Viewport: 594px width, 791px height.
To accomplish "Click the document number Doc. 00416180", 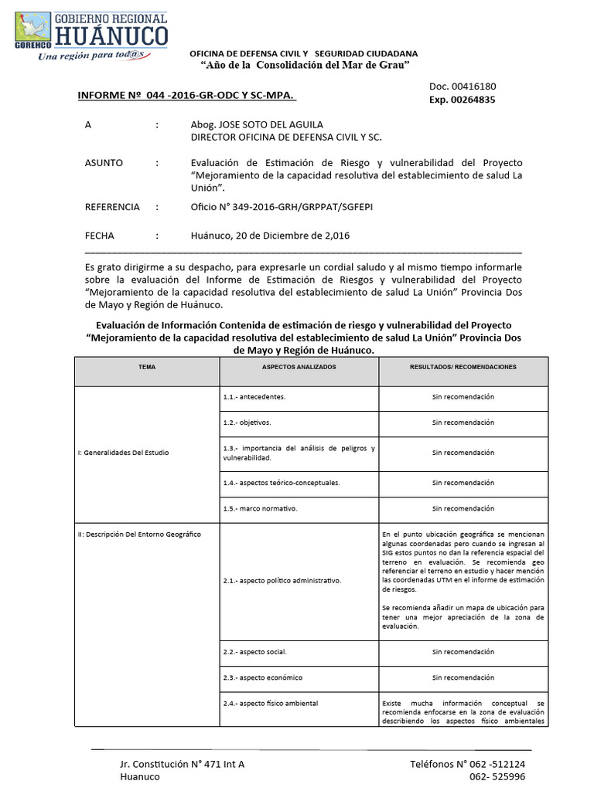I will click(463, 87).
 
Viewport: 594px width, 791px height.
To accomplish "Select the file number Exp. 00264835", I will click(463, 100).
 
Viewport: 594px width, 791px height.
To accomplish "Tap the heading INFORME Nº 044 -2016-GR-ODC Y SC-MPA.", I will click(186, 95).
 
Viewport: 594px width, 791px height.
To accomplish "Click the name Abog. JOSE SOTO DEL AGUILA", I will click(257, 124).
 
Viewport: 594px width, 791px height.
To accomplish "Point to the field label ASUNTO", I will click(104, 163).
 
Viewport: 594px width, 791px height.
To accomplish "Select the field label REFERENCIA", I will click(112, 207).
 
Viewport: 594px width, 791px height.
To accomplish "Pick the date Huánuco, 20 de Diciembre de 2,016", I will click(270, 236).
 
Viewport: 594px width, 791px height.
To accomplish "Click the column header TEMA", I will click(147, 367).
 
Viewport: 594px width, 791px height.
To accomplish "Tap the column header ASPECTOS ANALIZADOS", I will click(299, 367).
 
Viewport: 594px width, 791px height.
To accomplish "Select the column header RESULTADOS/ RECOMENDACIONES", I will click(463, 367).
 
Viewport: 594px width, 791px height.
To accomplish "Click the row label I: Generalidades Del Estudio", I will click(123, 453).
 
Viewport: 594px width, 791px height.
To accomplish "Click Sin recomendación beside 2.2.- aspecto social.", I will click(463, 652).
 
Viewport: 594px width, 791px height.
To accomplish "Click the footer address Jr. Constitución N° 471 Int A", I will click(183, 764).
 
